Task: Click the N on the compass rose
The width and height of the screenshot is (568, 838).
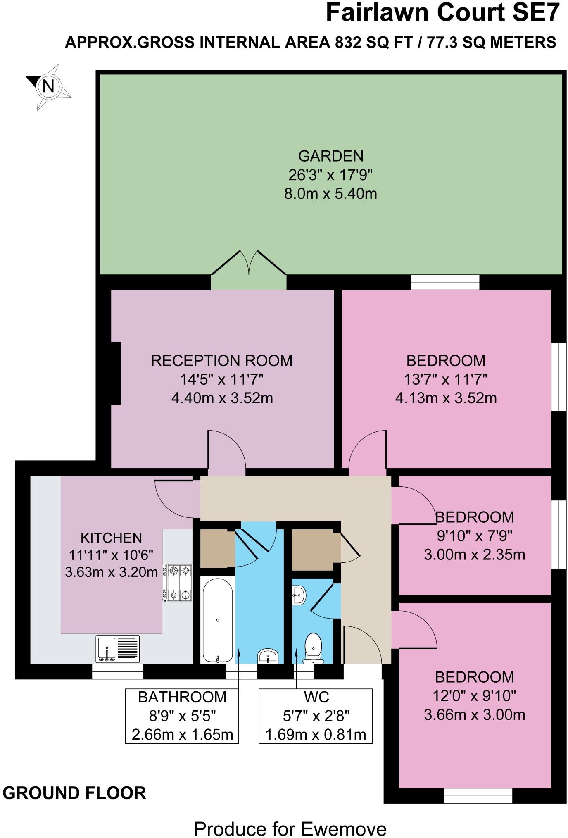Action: click(x=48, y=86)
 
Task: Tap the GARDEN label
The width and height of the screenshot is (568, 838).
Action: click(x=331, y=156)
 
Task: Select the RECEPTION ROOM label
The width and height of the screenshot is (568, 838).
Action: click(x=221, y=360)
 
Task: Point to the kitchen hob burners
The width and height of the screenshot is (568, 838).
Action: click(x=177, y=583)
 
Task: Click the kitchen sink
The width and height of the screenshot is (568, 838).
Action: click(x=117, y=648)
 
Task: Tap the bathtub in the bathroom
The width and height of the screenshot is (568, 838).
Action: click(x=217, y=619)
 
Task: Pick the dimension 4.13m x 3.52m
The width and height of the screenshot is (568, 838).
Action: click(x=446, y=398)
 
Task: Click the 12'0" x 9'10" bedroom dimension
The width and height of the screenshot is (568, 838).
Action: click(x=474, y=696)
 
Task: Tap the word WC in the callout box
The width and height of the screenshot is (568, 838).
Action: click(x=316, y=697)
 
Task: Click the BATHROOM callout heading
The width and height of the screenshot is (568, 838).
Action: click(x=182, y=697)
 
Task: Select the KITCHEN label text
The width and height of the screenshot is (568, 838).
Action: click(x=111, y=538)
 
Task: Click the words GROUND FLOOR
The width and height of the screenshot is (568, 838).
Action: click(x=74, y=793)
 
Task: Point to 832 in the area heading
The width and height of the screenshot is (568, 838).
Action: click(x=348, y=42)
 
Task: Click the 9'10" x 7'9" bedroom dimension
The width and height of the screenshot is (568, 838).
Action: click(x=474, y=536)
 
